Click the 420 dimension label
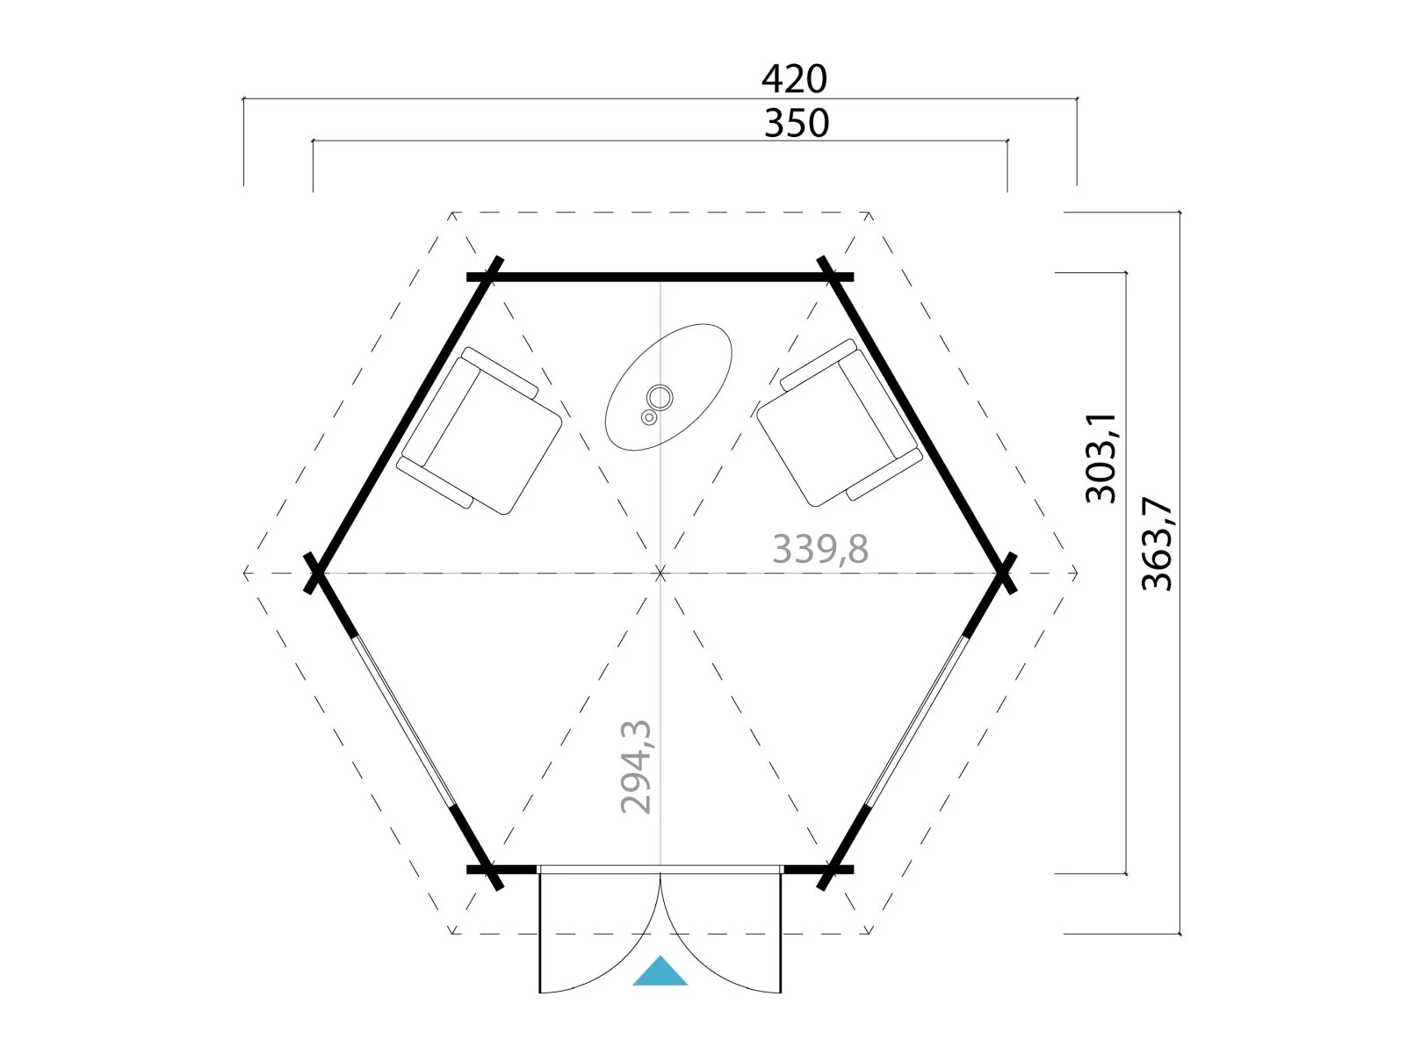(794, 79)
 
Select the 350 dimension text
(796, 123)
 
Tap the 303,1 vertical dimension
(1100, 458)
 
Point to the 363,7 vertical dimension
(1157, 544)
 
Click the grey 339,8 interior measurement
(820, 548)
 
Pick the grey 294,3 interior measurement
(636, 767)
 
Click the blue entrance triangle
(660, 971)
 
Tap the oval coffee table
(667, 387)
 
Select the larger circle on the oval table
(660, 398)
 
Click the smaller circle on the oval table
(649, 418)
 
